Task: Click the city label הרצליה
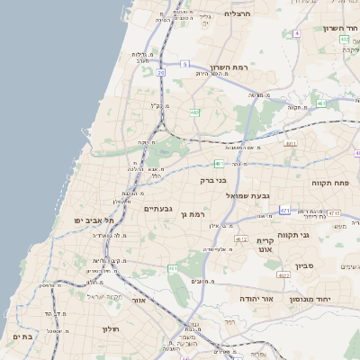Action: point(237,13)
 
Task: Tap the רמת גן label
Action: point(193,214)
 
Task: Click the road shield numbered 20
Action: point(161,71)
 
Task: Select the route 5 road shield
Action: point(184,64)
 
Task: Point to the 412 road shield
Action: point(241,238)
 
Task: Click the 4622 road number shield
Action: point(283,275)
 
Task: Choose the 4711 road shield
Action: point(333,213)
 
